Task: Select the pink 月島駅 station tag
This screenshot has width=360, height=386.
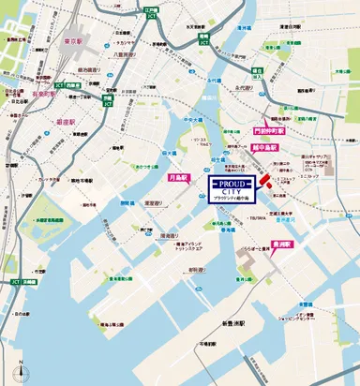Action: point(179,176)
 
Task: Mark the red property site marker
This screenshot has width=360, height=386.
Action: point(264,180)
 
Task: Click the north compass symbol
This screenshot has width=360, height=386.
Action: point(18,368)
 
